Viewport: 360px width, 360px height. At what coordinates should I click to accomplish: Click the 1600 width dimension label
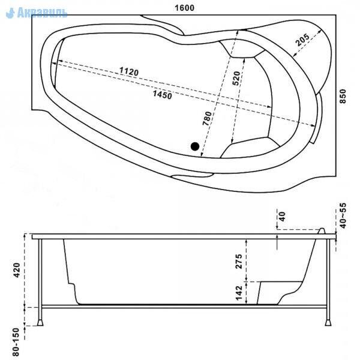184,8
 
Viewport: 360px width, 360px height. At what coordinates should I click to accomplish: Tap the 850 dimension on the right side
343,96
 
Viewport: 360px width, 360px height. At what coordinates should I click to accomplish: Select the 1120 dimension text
129,71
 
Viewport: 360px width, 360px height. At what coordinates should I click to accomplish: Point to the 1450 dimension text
163,95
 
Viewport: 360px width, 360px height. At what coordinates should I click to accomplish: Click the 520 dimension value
236,78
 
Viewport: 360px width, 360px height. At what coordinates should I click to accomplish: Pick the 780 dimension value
207,118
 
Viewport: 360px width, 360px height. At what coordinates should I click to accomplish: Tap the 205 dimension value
302,40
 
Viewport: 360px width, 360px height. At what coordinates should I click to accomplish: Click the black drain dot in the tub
194,146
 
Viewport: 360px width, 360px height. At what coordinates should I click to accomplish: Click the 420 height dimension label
17,270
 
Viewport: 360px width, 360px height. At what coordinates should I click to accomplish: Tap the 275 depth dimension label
239,261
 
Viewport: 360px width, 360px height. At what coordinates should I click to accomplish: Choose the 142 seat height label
239,293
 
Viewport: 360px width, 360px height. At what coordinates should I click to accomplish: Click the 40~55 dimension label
343,215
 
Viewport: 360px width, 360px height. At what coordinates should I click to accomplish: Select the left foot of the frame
40,323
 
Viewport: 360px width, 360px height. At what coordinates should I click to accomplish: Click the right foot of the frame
328,323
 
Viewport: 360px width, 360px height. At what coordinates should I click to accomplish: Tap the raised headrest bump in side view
322,231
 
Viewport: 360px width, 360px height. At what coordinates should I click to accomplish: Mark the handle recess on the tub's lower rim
193,175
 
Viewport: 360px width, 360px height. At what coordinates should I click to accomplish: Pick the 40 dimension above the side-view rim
282,216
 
